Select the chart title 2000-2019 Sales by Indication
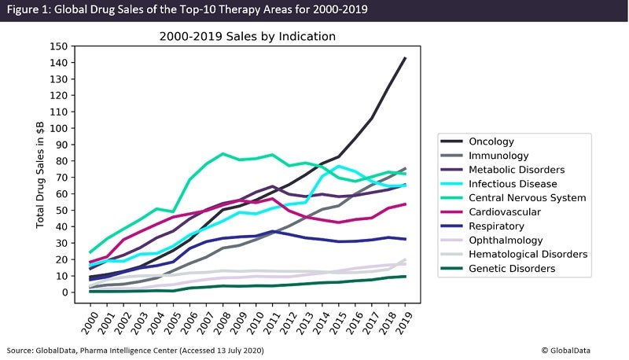[248, 36]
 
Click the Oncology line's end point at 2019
[405, 57]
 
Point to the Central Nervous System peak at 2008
[223, 153]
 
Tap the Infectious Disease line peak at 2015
[339, 167]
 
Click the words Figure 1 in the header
[30, 9]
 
